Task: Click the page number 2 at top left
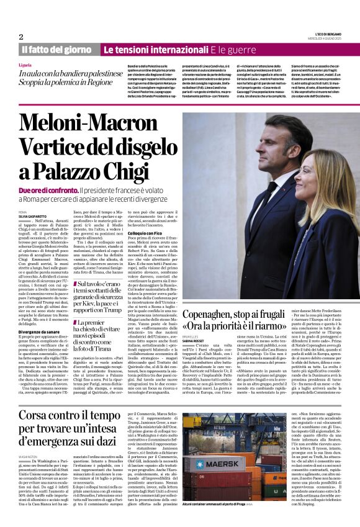click(21, 37)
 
